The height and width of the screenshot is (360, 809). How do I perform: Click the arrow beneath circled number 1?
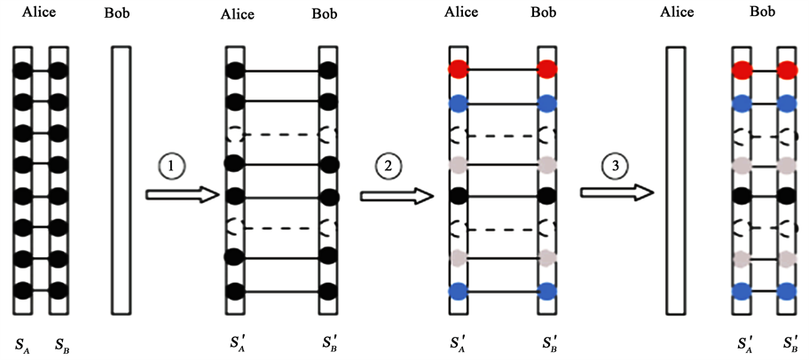tap(181, 194)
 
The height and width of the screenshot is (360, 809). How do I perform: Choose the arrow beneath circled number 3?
tap(618, 194)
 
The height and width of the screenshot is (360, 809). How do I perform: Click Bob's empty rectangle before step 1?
tap(121, 177)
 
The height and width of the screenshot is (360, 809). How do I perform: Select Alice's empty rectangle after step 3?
tap(677, 177)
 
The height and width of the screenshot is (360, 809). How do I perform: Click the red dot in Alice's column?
tap(459, 69)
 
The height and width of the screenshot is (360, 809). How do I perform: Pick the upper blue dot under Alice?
tap(459, 103)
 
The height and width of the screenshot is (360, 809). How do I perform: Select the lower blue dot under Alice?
tap(459, 290)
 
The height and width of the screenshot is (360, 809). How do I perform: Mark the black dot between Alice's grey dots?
tap(459, 195)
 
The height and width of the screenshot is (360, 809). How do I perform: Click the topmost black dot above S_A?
tap(24, 69)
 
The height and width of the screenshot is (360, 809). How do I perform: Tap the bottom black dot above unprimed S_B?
tap(59, 290)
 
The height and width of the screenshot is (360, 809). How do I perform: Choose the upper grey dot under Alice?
tap(459, 165)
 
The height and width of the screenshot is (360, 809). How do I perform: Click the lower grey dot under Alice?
tap(459, 258)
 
